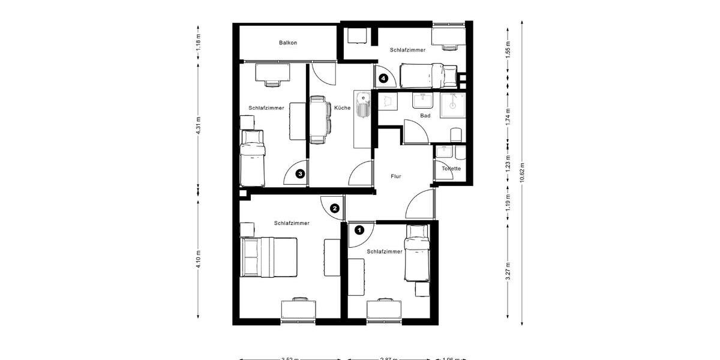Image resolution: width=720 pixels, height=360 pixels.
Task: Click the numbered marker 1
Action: (359, 229)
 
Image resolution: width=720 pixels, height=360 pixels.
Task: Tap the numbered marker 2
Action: (335, 209)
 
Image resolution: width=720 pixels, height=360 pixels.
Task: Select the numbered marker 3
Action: (301, 174)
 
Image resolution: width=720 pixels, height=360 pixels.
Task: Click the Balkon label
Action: (288, 43)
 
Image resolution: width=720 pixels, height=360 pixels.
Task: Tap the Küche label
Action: (343, 108)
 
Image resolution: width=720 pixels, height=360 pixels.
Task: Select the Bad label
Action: (425, 115)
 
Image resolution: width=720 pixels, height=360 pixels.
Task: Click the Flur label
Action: (395, 176)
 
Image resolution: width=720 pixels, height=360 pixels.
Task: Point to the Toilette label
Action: (451, 169)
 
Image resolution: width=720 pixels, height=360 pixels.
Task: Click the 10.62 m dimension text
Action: (523, 172)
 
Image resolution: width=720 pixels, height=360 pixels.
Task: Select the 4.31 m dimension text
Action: (199, 126)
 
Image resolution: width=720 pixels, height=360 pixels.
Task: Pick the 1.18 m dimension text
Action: (199, 41)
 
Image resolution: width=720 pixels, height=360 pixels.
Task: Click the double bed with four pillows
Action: (269, 257)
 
